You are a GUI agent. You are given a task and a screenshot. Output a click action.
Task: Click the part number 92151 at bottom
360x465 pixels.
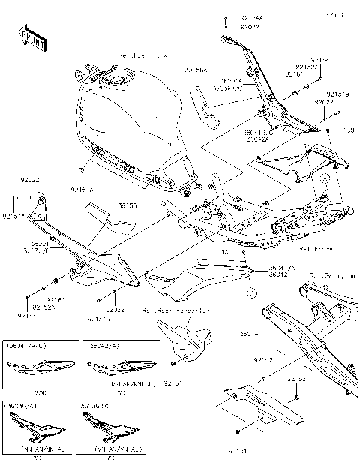pos(238,449)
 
